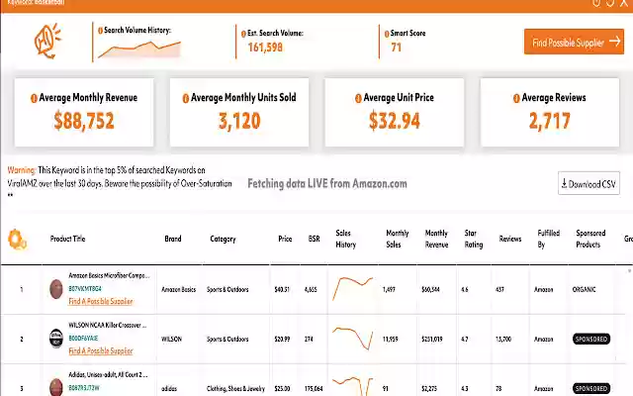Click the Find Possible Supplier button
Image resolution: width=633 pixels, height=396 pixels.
574,42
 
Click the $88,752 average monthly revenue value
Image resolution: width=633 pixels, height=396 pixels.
84,122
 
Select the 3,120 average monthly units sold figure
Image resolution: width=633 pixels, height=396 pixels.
239,122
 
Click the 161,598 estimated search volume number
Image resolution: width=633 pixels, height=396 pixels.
265,47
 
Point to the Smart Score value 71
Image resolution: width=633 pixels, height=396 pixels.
396,47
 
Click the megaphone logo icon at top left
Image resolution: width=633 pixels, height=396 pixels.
47,42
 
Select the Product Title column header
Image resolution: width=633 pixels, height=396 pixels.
67,239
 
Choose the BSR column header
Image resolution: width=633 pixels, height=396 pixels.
314,239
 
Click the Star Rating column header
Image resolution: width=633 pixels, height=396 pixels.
471,239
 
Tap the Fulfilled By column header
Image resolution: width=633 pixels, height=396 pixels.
548,239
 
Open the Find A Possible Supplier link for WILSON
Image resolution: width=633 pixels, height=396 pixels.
100,350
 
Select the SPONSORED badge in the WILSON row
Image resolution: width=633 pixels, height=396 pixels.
591,339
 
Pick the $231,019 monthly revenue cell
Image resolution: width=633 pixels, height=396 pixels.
432,339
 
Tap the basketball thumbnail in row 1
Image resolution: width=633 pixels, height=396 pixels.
56,289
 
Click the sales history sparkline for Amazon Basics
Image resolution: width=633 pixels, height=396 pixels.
352,289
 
